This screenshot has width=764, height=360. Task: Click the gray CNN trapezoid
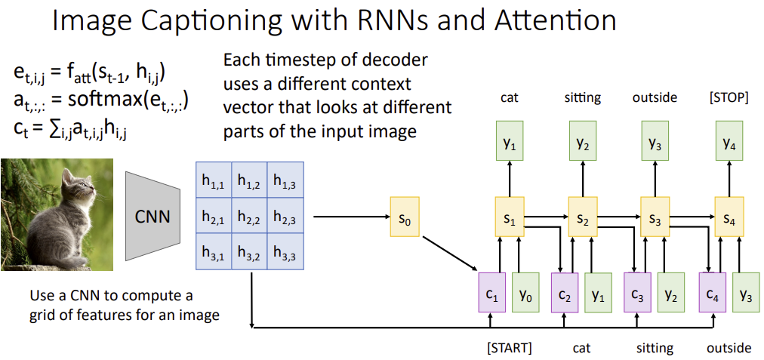pyautogui.click(x=152, y=217)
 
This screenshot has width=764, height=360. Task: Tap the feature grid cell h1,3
pyautogui.click(x=285, y=180)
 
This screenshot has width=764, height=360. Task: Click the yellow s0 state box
pyautogui.click(x=404, y=217)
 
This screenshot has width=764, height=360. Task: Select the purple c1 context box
pyautogui.click(x=492, y=292)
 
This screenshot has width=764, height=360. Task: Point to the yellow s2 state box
pyautogui.click(x=582, y=217)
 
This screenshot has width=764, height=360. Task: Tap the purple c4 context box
pyautogui.click(x=713, y=292)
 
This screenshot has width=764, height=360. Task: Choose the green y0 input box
pyautogui.click(x=526, y=292)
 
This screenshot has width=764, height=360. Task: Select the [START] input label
pyautogui.click(x=510, y=348)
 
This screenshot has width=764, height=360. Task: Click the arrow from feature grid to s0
pyautogui.click(x=347, y=217)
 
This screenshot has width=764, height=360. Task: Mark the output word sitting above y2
pyautogui.click(x=582, y=97)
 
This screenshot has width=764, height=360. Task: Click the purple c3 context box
pyautogui.click(x=638, y=292)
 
